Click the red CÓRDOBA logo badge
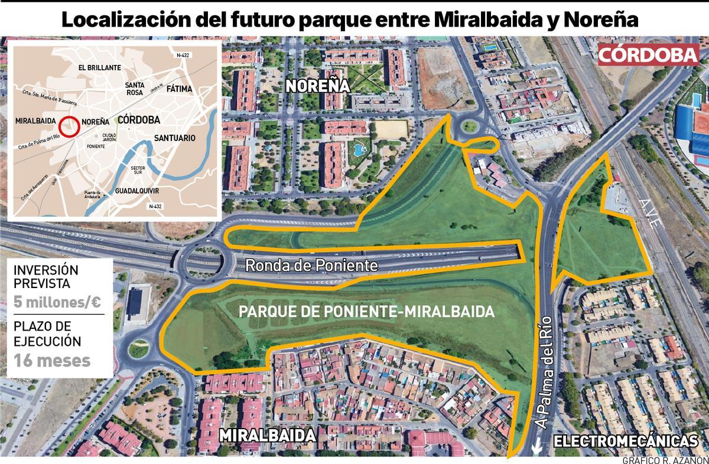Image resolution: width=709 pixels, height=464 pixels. pos(648,55)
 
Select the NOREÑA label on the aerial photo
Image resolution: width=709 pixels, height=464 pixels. pos(317,86)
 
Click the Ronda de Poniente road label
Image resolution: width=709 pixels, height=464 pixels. pos(311,266)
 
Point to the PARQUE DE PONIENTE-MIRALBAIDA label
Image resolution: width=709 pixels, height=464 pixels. pos(366,311)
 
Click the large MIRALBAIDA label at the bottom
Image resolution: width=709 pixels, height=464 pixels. pos(266,436)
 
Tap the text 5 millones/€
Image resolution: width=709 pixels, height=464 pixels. pos(57,302)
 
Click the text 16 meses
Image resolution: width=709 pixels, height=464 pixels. pos(53,360)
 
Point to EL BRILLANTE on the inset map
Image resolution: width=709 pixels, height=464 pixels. pos(100,68)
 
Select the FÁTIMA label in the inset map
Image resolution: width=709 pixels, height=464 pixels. pos(179,89)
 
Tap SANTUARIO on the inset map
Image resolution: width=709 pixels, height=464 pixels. pos(174,138)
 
